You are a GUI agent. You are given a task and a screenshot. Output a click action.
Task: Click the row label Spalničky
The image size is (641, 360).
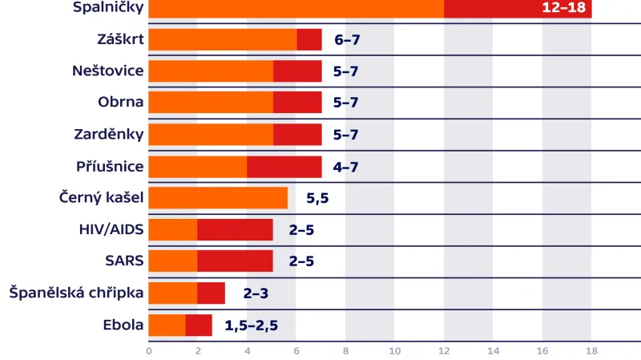(x=107, y=8)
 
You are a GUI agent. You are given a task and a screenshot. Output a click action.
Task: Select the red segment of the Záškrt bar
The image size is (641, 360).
(x=309, y=40)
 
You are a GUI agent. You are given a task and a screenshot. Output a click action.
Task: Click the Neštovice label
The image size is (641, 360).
(x=108, y=71)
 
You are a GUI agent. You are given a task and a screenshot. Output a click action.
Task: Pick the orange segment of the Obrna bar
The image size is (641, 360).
(x=211, y=103)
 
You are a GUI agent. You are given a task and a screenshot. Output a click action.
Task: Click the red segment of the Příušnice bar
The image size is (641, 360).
(x=284, y=167)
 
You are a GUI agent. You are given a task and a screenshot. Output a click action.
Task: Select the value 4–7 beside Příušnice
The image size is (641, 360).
(x=345, y=167)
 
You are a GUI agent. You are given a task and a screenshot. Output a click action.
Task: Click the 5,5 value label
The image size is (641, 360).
(x=317, y=199)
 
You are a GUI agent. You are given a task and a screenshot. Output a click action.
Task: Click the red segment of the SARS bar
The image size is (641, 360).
(x=235, y=261)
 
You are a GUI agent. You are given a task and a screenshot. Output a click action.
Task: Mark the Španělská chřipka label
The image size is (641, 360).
(x=76, y=293)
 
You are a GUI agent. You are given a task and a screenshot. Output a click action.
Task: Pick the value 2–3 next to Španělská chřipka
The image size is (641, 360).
(x=256, y=293)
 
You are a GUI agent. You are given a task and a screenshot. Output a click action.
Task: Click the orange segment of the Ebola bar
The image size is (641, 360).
(x=167, y=325)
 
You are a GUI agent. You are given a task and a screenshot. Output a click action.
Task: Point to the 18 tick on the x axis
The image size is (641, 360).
(x=591, y=350)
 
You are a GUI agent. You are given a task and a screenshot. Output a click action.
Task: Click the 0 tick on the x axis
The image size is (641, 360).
(x=149, y=350)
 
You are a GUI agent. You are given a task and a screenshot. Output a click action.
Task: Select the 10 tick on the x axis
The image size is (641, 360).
(x=393, y=350)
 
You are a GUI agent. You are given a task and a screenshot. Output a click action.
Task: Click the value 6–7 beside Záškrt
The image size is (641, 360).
(x=345, y=40)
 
